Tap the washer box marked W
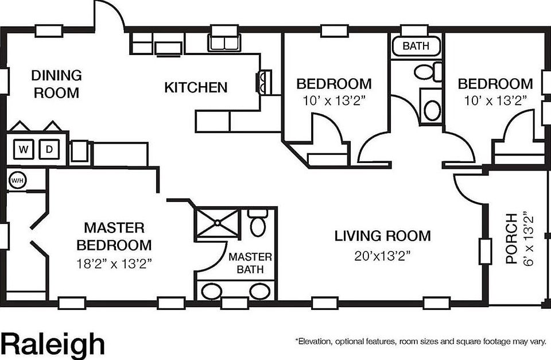point(24,150)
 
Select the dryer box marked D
point(50,150)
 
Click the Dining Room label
point(56,84)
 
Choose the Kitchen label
point(196,88)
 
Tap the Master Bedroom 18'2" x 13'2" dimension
point(114,264)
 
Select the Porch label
point(511,238)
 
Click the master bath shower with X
point(216,224)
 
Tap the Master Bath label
point(250,263)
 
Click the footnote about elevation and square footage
point(420,341)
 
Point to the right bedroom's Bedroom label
point(495,84)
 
